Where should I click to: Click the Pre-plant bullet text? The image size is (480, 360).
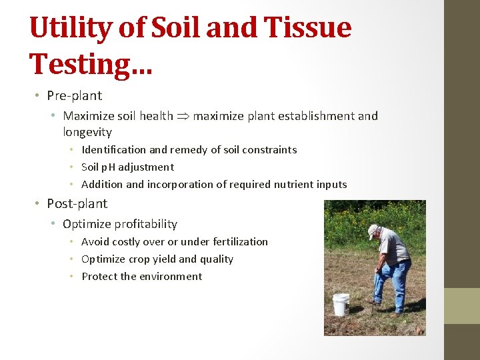coord(74,95)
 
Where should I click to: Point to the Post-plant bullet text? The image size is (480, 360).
coord(77,203)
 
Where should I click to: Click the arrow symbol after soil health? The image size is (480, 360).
coord(183,116)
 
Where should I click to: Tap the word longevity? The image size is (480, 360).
coord(87,132)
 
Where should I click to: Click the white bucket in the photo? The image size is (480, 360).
coord(341,304)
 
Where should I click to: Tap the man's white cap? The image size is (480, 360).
coord(372,231)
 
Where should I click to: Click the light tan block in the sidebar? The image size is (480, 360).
coord(462,305)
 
